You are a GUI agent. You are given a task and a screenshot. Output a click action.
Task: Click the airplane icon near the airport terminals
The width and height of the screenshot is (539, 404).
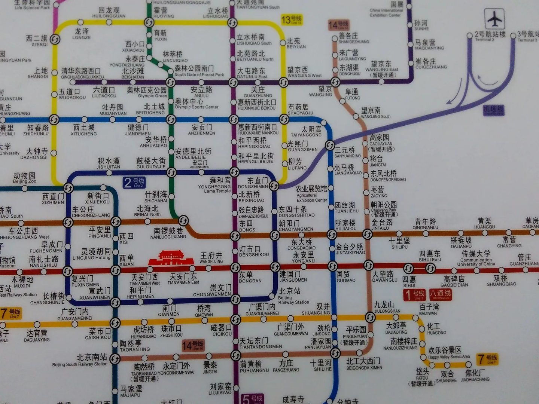[495, 19]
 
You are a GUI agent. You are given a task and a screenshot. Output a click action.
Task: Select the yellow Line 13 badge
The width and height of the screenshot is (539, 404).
[291, 19]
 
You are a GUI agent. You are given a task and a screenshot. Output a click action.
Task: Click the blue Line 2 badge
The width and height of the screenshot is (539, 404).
[134, 183]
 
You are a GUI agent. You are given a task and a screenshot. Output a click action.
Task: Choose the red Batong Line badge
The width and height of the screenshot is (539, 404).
[440, 295]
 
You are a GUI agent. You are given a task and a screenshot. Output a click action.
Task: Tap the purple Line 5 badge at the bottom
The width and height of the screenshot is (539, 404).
[252, 399]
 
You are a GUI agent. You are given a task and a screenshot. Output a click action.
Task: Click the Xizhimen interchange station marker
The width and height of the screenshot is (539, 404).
[68, 187]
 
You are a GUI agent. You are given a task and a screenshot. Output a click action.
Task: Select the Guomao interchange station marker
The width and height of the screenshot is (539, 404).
[332, 266]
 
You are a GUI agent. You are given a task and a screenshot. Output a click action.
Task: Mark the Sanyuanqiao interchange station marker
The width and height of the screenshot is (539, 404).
[330, 145]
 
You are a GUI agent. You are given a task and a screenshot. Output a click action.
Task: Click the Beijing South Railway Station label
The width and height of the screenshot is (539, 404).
[80, 360]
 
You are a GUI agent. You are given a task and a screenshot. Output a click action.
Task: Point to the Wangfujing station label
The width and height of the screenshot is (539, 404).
[211, 257]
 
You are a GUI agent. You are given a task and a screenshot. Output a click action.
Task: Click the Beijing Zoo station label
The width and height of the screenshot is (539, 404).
[25, 178]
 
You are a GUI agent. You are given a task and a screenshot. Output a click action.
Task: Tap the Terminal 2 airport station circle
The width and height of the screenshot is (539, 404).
[470, 36]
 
